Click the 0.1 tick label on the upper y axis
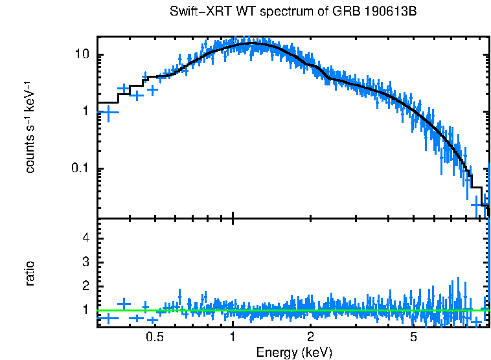tap(79, 168)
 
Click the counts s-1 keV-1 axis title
tap(30, 127)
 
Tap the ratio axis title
tap(30, 273)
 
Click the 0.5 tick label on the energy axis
tap(154, 337)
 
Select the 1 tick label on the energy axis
tap(233, 337)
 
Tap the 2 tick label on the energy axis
tap(311, 337)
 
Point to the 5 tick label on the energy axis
tap(414, 337)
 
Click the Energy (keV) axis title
tap(294, 352)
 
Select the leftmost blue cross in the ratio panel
tap(109, 318)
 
